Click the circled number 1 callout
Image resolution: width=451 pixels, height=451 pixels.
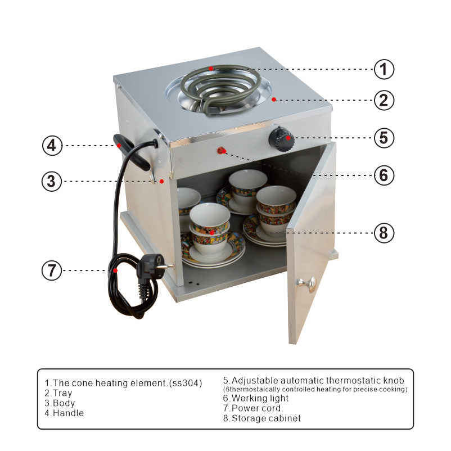384,69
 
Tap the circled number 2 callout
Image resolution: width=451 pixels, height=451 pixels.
384,100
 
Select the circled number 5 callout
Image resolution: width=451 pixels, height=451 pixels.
384,137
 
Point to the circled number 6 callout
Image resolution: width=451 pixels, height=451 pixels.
384,175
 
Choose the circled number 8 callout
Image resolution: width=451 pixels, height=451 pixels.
384,233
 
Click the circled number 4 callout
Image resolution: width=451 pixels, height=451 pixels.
52,145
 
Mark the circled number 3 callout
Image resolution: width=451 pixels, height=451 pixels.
52,181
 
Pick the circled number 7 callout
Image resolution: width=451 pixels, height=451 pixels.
52,270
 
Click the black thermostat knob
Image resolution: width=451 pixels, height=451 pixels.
281,139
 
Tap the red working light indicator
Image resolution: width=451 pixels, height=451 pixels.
221,150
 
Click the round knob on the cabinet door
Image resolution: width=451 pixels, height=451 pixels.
306,283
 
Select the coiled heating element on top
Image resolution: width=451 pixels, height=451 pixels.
220,88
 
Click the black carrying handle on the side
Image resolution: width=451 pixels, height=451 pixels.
132,152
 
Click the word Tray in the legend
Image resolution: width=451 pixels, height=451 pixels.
62,393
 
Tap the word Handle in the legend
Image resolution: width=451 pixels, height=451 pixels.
69,413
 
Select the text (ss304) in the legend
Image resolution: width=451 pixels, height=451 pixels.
186,383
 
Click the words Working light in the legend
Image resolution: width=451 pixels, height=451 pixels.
260,398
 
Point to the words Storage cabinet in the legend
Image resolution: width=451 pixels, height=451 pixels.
266,418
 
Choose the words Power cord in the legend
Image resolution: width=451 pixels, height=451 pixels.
256,408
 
